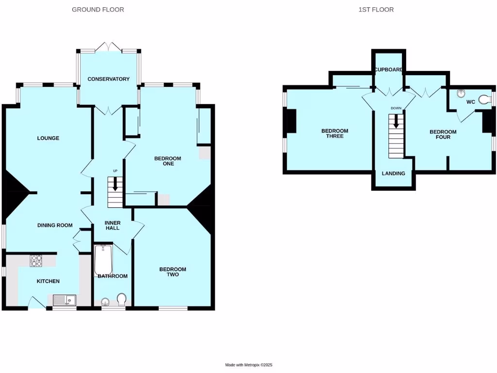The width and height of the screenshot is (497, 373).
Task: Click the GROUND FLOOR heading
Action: (x=98, y=10)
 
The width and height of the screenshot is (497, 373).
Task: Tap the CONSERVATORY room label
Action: (x=109, y=79)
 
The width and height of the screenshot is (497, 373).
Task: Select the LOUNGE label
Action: (x=48, y=138)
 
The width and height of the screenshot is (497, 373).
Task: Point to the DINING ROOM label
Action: (x=55, y=225)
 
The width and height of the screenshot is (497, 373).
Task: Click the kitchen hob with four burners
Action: (x=37, y=261)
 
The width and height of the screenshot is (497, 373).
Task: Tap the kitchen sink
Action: (x=64, y=300)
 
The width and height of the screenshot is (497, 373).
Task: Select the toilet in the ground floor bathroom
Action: (x=121, y=299)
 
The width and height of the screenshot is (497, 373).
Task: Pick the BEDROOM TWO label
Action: (x=173, y=272)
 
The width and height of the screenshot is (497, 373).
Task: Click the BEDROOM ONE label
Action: (x=167, y=161)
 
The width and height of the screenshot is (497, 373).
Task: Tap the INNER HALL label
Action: (x=112, y=225)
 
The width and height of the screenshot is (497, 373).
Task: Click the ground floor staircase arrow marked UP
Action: (x=115, y=184)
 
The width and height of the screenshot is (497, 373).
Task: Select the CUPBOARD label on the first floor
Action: (x=388, y=70)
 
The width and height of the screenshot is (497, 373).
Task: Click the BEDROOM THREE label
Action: (x=335, y=134)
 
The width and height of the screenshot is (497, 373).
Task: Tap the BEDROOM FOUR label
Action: (x=443, y=135)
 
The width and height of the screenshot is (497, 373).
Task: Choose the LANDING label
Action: (x=393, y=173)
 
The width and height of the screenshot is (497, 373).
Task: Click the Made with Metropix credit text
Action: (x=252, y=365)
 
